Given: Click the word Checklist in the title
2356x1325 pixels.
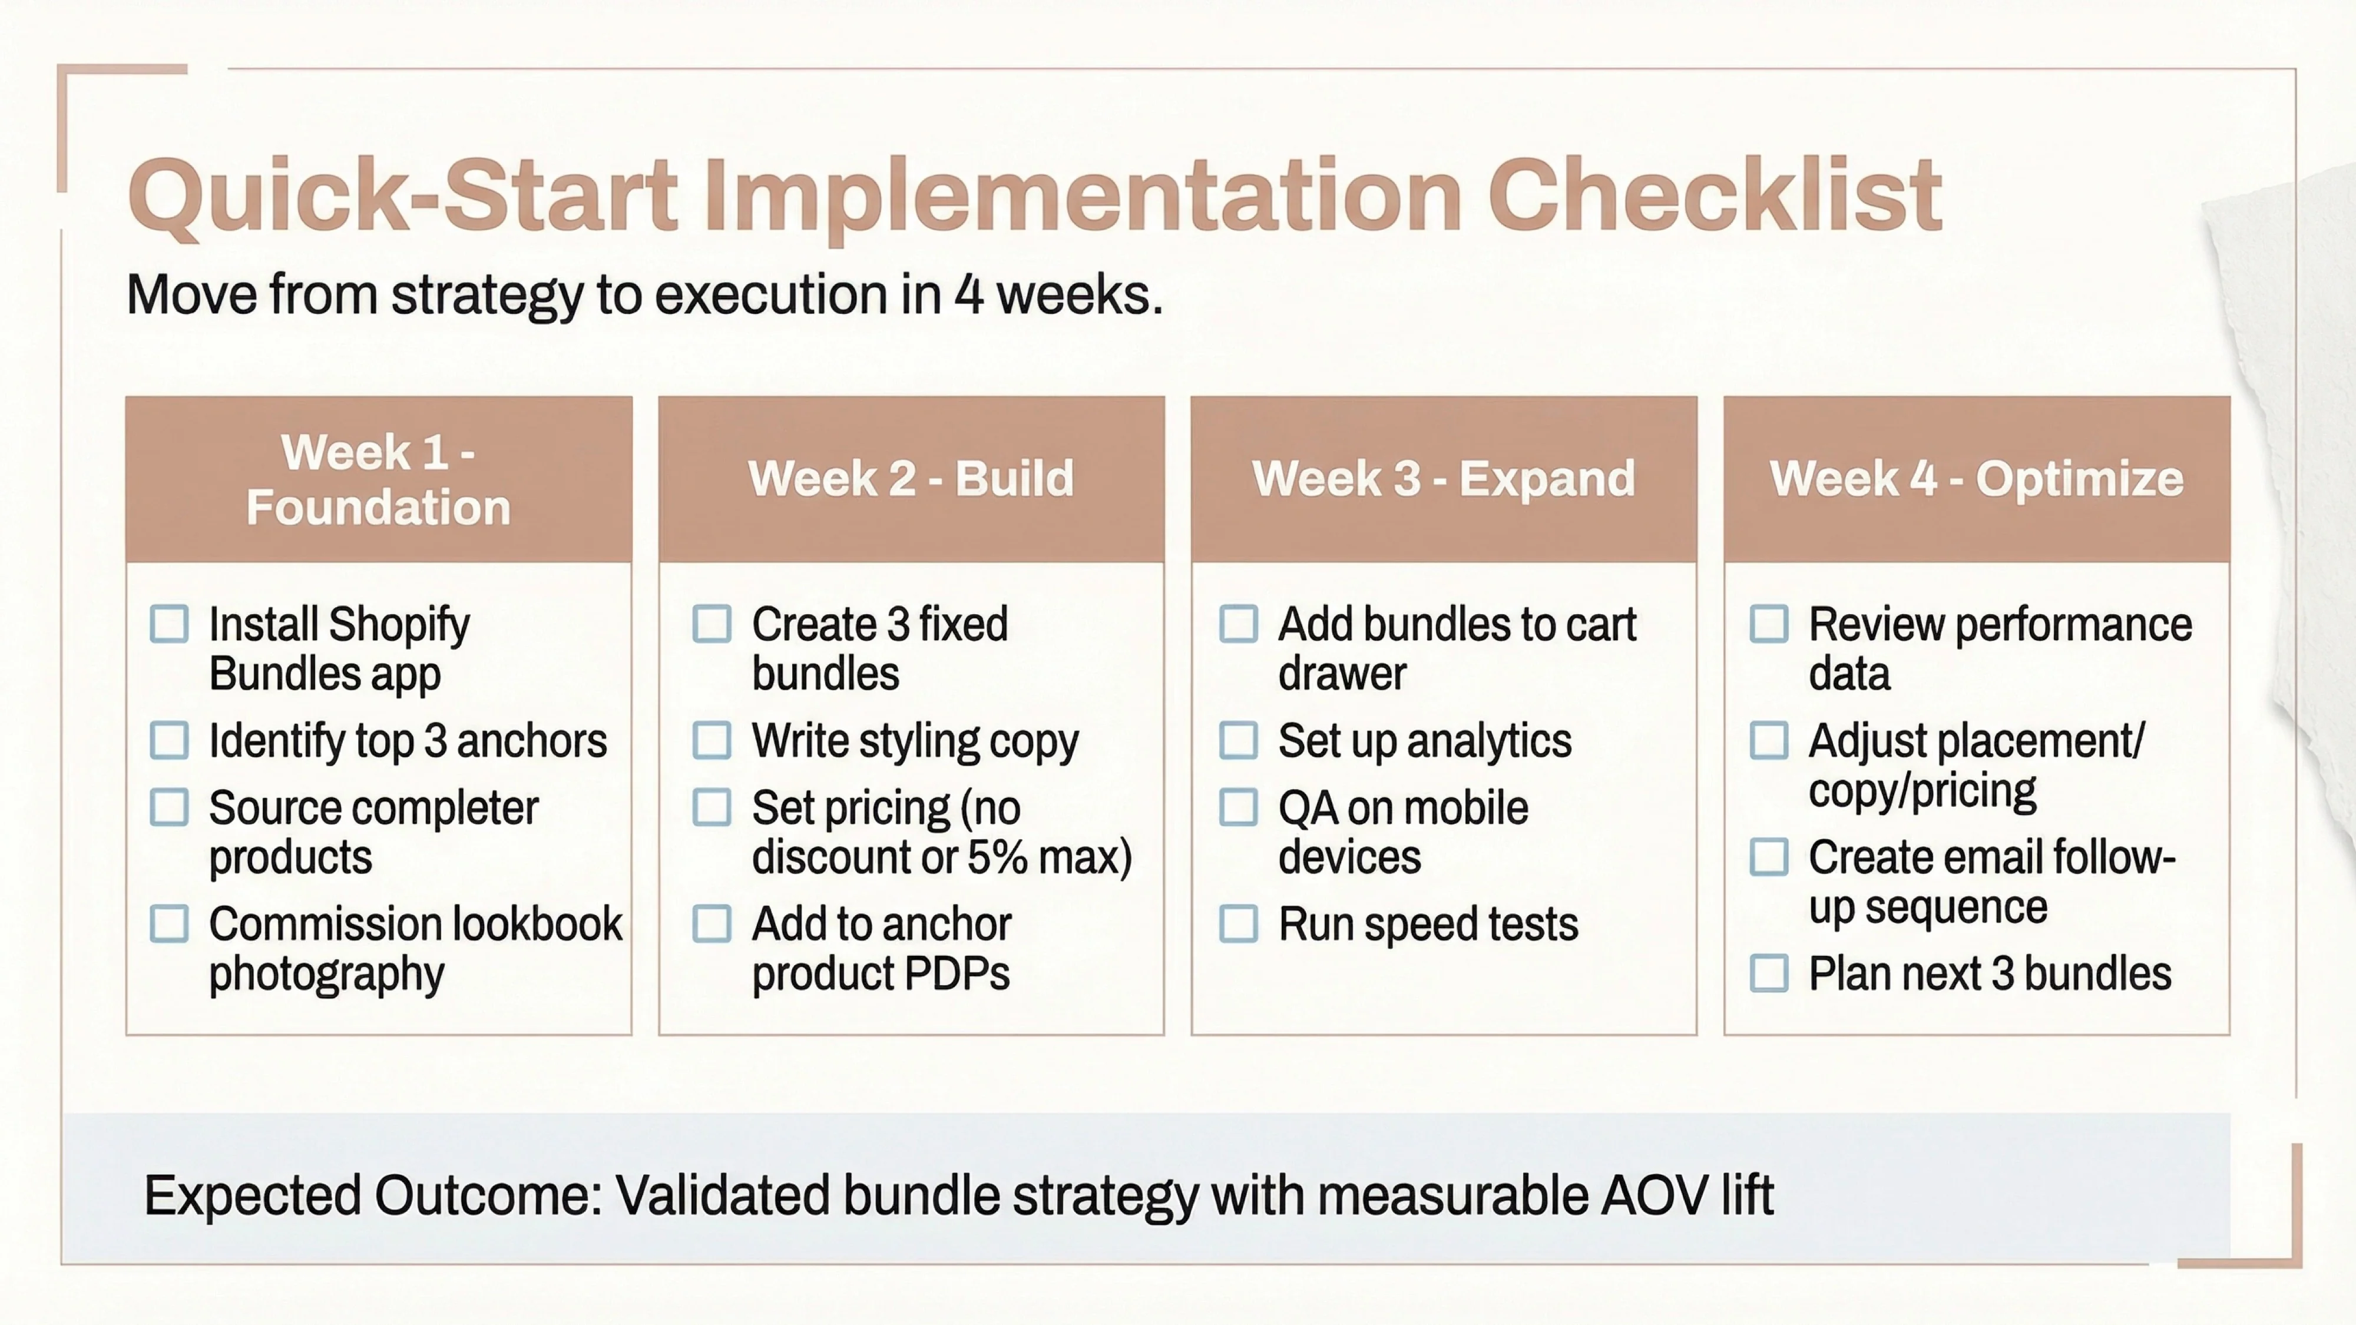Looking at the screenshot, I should tap(1714, 196).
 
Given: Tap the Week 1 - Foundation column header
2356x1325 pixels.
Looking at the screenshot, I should tap(379, 479).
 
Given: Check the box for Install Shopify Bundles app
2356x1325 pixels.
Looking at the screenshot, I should tap(169, 625).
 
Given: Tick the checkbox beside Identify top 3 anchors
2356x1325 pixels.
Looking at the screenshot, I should tap(169, 741).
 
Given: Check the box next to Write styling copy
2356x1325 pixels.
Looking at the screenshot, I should tap(712, 741).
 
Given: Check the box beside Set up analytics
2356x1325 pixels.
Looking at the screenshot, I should tap(1238, 741).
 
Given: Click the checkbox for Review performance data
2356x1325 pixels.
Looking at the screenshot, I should tap(1769, 625).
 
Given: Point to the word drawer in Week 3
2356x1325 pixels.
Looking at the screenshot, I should tap(1342, 674).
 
